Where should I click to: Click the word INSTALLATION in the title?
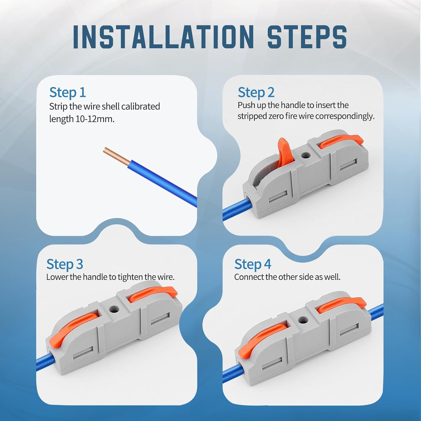coord(163,37)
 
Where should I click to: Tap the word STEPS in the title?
coord(307,37)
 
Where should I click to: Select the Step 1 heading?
coord(67,93)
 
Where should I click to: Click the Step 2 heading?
coord(256,93)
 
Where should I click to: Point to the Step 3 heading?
coord(65,264)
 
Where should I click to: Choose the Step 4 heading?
coord(253,264)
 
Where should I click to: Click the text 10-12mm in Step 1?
coord(95,119)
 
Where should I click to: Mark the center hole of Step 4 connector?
coord(302,319)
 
